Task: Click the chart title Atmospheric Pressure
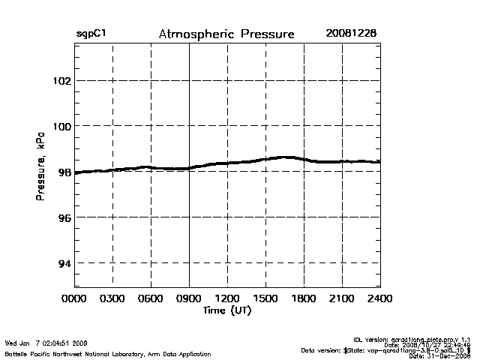[226, 34]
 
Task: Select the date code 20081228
[351, 34]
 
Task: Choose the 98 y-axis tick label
[64, 172]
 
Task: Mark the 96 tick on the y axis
[64, 217]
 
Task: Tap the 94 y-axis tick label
[64, 263]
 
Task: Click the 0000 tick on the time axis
[74, 298]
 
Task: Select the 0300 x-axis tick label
[112, 298]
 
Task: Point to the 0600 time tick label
[151, 298]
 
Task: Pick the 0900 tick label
[189, 298]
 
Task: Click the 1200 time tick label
[227, 298]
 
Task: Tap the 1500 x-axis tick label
[265, 298]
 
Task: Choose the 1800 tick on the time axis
[304, 298]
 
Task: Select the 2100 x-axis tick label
[342, 298]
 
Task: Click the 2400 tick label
[379, 298]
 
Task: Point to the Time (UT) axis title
[226, 310]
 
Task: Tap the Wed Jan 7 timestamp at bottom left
[46, 343]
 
